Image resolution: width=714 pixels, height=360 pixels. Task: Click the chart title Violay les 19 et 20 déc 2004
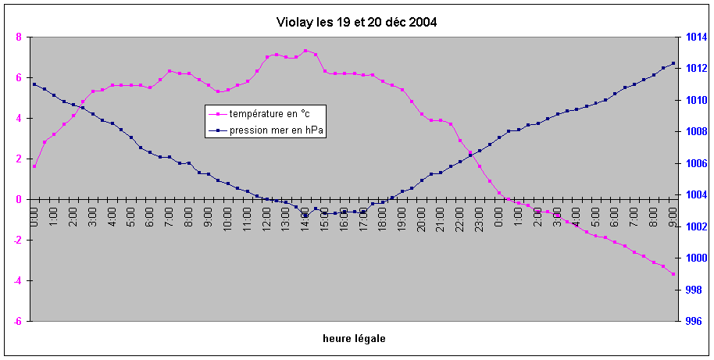click(x=356, y=22)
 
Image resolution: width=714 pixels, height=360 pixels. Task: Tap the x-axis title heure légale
click(x=354, y=338)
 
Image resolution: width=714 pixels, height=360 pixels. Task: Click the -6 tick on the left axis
click(x=19, y=321)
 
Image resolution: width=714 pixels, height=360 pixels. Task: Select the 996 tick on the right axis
click(x=694, y=321)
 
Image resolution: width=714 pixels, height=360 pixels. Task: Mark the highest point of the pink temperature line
click(x=305, y=51)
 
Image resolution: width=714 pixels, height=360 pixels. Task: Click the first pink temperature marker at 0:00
click(x=34, y=166)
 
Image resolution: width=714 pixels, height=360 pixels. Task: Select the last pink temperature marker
click(x=673, y=274)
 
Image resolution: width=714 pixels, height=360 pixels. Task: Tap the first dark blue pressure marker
click(x=34, y=84)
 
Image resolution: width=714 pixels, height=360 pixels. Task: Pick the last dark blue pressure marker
click(x=673, y=63)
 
